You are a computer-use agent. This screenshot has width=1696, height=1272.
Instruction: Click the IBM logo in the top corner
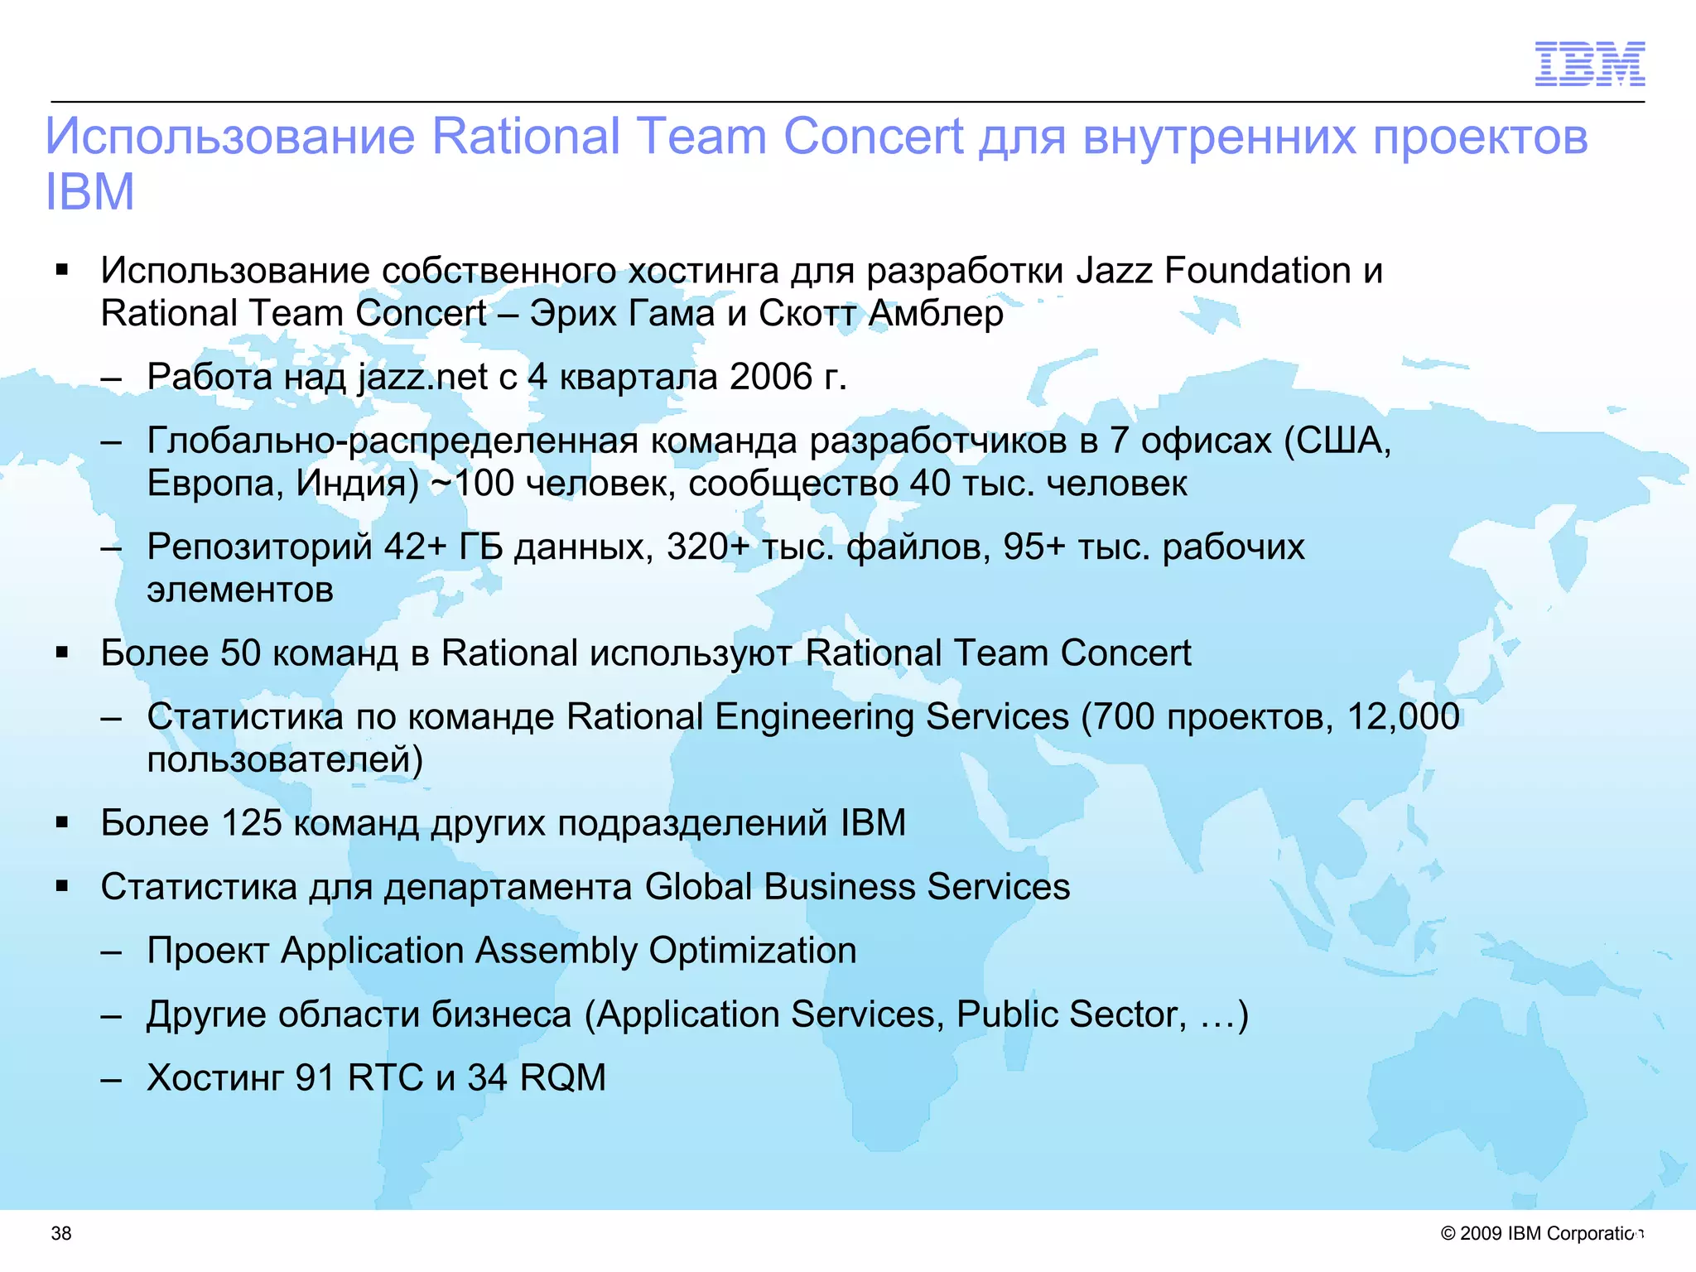click(1589, 64)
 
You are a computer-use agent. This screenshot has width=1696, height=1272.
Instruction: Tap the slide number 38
click(61, 1233)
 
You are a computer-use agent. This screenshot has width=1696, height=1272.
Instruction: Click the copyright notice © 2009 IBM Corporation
click(1541, 1233)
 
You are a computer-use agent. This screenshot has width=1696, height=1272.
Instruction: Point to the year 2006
click(772, 377)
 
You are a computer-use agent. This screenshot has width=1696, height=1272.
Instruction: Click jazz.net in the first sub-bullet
click(422, 378)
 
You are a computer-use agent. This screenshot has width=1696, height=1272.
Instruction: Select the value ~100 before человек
click(472, 484)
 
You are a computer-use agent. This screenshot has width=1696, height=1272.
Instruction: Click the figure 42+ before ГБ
click(416, 547)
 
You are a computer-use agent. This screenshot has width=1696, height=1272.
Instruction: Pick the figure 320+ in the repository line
click(708, 547)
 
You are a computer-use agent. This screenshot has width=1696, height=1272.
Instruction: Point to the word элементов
click(240, 590)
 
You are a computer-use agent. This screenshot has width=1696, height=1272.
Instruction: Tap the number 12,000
click(1403, 716)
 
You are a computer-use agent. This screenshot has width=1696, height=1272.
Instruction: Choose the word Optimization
click(752, 951)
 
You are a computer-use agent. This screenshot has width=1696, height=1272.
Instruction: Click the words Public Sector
click(1072, 1014)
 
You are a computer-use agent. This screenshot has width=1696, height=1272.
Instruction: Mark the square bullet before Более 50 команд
click(62, 653)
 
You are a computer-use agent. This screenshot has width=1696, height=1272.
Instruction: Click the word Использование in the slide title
click(230, 136)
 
